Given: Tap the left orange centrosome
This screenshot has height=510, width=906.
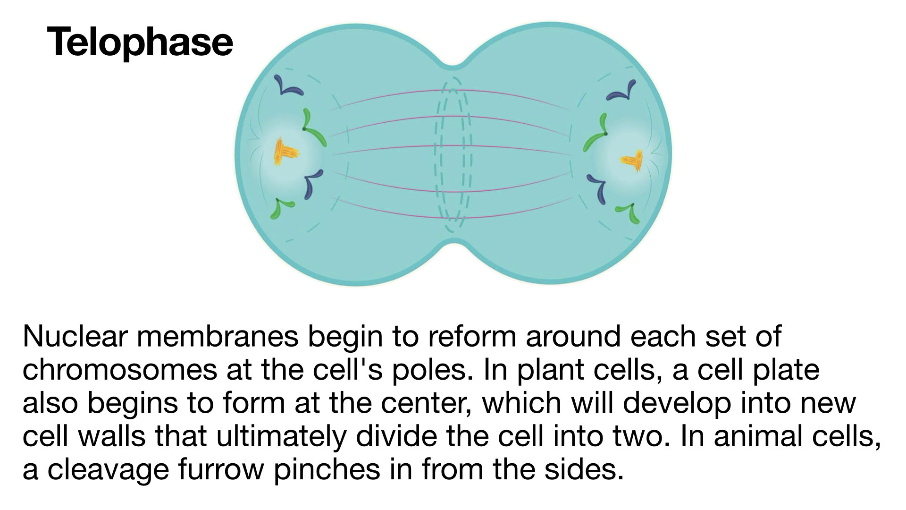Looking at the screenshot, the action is pos(285,152).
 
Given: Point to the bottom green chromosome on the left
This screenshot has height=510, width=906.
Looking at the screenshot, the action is pos(281,208).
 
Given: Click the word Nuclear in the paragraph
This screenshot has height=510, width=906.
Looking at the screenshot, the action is pos(75,336).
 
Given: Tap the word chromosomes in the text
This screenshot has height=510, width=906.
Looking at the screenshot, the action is pos(120,370).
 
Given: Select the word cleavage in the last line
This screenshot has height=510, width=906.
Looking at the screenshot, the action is pos(108,471).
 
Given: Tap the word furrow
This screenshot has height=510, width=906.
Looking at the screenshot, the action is pos(221,470).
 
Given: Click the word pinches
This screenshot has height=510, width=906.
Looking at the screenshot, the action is pos(327,471).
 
